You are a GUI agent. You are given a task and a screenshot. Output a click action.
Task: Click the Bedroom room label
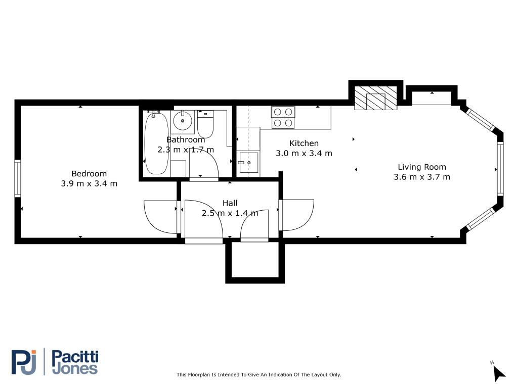tap(89, 173)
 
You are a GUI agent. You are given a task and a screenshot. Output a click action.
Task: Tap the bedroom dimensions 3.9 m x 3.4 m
tap(89, 183)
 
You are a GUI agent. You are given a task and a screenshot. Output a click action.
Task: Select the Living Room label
tap(421, 167)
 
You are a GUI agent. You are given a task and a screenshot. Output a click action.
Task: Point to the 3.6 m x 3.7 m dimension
tap(421, 177)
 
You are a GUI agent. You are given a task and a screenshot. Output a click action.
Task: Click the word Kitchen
tap(304, 143)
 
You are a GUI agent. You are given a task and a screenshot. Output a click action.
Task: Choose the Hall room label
tap(230, 203)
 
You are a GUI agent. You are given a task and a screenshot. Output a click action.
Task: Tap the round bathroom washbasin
tap(182, 121)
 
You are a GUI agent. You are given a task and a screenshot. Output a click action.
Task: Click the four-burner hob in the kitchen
tap(283, 117)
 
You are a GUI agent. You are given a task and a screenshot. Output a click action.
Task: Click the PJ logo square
tap(24, 362)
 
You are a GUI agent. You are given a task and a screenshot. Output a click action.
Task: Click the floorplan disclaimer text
tap(258, 375)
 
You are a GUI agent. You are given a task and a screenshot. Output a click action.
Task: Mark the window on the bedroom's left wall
tap(17, 178)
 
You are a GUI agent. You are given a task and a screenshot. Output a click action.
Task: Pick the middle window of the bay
tap(500, 168)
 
